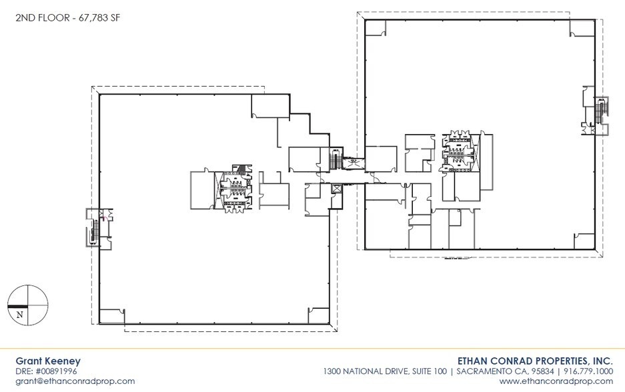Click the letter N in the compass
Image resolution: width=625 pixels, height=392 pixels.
pos(20,314)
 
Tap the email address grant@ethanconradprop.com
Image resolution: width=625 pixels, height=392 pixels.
pos(75,381)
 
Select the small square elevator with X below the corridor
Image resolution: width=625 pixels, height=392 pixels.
pos(336,189)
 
